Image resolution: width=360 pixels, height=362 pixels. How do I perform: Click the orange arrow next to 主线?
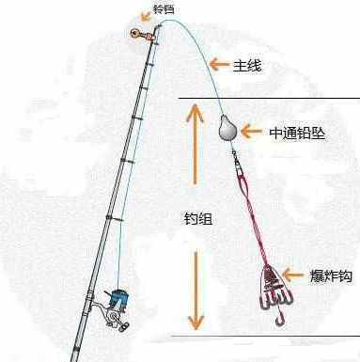click(219, 64)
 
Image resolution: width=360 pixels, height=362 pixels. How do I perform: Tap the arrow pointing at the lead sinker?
click(252, 132)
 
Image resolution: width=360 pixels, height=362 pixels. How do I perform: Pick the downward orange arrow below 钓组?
click(196, 291)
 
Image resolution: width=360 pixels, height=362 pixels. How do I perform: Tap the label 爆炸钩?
click(331, 275)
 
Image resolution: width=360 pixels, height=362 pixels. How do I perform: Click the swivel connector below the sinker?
click(239, 164)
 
